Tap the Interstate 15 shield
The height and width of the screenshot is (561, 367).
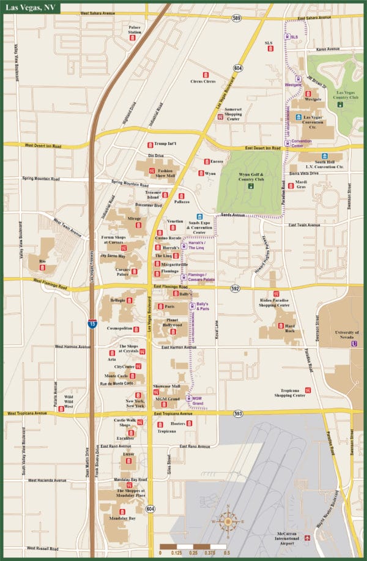tap(91, 324)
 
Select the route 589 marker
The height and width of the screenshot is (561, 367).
tap(236, 19)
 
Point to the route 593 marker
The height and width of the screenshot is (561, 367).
tap(238, 414)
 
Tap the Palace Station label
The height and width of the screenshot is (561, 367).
tap(134, 29)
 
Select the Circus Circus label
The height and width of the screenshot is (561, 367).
tap(203, 81)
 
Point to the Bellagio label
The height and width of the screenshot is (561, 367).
tap(117, 300)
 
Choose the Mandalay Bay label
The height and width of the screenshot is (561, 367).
tap(122, 518)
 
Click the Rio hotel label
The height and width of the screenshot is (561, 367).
tap(42, 261)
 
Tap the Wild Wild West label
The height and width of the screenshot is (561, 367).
tap(69, 401)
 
